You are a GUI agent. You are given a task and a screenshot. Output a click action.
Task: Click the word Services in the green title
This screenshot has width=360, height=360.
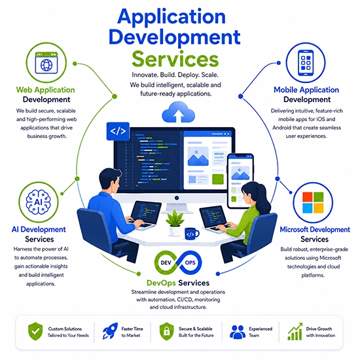click(175, 59)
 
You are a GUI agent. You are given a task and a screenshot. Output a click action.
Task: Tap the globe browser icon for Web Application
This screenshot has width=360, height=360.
click(46, 63)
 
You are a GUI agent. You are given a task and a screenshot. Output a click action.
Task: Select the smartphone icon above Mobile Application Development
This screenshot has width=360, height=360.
click(306, 63)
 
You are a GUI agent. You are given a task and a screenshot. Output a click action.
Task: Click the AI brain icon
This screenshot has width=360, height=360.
click(39, 202)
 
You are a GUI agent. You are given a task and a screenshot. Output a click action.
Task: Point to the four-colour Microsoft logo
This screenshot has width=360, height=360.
click(313, 202)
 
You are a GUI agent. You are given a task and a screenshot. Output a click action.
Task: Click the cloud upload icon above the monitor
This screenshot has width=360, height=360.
click(179, 113)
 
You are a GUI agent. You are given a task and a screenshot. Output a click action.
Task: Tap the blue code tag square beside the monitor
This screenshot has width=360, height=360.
click(118, 131)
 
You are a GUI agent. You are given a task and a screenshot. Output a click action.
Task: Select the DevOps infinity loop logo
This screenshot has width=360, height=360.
click(178, 262)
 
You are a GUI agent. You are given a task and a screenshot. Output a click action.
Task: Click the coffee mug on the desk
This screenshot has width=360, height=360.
click(192, 234)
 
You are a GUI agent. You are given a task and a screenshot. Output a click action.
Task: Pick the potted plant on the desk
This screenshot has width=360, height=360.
click(175, 223)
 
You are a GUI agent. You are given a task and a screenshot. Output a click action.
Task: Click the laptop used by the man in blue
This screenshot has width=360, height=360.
click(144, 215)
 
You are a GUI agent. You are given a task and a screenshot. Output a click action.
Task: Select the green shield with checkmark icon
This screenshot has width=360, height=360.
click(35, 331)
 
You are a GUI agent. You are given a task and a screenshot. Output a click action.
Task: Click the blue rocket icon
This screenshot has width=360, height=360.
click(110, 331)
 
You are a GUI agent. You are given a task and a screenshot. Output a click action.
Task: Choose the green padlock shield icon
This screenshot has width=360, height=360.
click(167, 331)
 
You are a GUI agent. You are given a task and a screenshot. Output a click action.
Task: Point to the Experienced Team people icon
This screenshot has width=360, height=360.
click(238, 332)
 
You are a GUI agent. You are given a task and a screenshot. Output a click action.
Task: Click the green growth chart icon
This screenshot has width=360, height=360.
click(295, 332)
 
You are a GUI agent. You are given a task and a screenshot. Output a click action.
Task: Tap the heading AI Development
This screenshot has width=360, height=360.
click(39, 229)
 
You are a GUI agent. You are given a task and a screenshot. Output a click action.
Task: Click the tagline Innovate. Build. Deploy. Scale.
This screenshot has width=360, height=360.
click(175, 75)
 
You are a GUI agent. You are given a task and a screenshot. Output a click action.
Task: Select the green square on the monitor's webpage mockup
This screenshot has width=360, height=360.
click(218, 179)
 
